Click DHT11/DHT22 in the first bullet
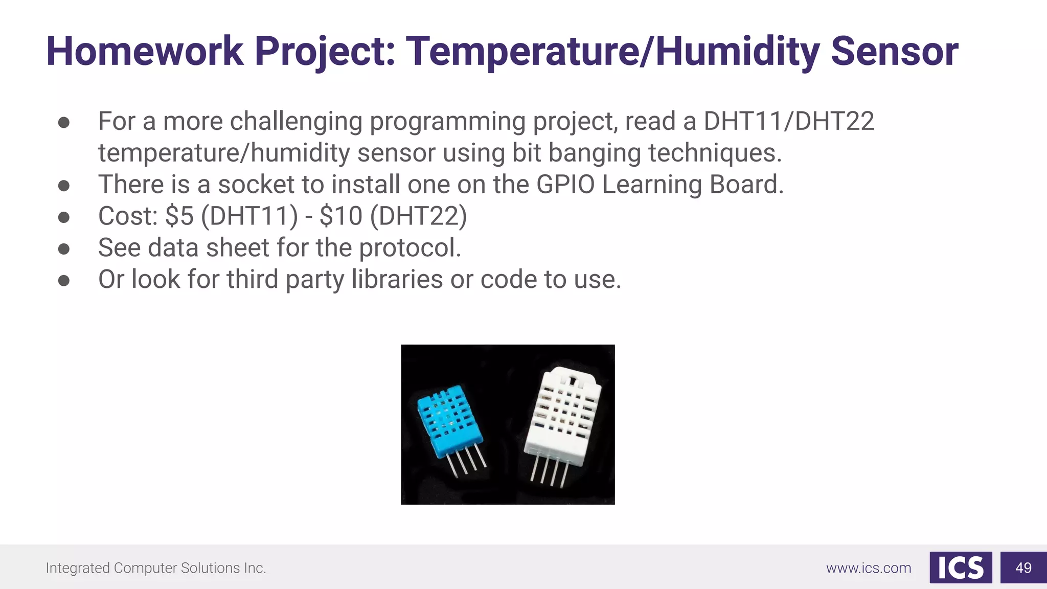tap(789, 122)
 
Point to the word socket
tap(256, 185)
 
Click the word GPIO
tap(565, 185)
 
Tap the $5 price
tap(179, 216)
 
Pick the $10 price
tap(340, 216)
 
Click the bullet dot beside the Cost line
tap(64, 217)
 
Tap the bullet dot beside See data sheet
tap(64, 249)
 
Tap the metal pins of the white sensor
tap(549, 471)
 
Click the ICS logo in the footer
tap(960, 568)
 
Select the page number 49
tap(1023, 568)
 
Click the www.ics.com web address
tap(868, 568)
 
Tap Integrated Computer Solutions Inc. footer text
tap(156, 568)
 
